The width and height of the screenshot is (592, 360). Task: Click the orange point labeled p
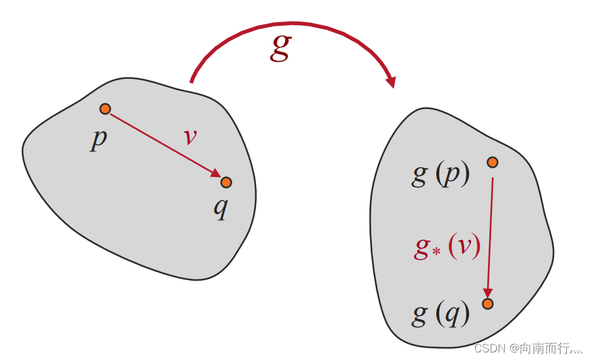pyautogui.click(x=105, y=109)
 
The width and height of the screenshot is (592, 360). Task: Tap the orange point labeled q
pyautogui.click(x=226, y=182)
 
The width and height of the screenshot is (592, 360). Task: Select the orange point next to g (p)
pyautogui.click(x=492, y=162)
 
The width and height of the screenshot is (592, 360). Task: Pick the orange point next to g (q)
pyautogui.click(x=487, y=303)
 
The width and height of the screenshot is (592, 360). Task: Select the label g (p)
pyautogui.click(x=441, y=175)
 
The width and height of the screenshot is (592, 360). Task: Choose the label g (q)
pyautogui.click(x=441, y=315)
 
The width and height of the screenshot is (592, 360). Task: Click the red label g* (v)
pyautogui.click(x=447, y=247)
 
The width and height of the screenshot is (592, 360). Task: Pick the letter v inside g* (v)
pyautogui.click(x=465, y=247)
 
